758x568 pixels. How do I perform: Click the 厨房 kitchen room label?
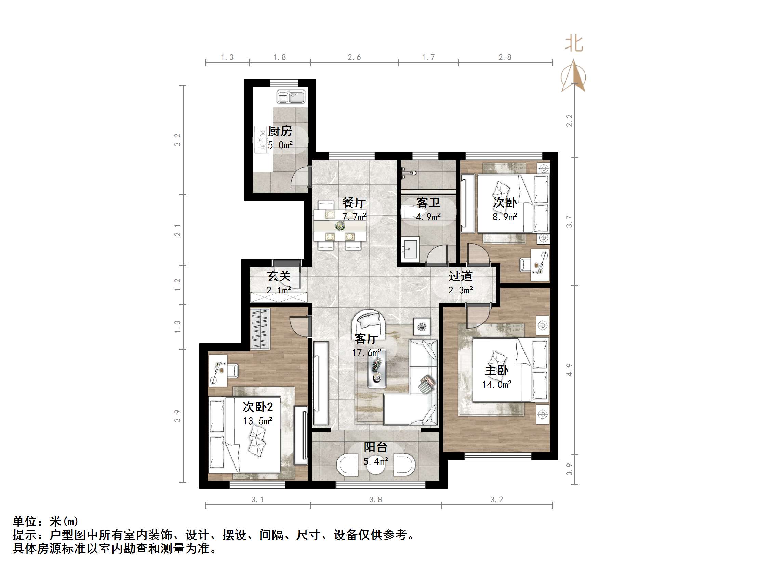[x=280, y=131]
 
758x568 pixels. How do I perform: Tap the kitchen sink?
[x=291, y=97]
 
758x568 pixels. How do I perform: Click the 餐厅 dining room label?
[x=354, y=203]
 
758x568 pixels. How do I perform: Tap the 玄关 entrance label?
[x=279, y=276]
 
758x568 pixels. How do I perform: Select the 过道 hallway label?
[x=461, y=276]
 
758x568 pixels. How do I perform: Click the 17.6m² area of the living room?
[x=366, y=352]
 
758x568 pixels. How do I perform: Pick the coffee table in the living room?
[x=377, y=369]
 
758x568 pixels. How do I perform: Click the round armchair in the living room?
[x=369, y=322]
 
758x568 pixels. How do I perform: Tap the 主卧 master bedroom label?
[x=497, y=371]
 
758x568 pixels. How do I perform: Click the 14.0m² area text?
[x=497, y=385]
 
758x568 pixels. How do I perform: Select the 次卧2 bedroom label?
[x=258, y=407]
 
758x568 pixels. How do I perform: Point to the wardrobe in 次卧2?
[x=260, y=329]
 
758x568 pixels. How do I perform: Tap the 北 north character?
[x=574, y=44]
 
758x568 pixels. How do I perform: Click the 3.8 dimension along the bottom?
[x=375, y=500]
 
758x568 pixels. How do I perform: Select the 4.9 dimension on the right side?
[x=570, y=370]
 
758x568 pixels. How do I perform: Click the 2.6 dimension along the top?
[x=354, y=57]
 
